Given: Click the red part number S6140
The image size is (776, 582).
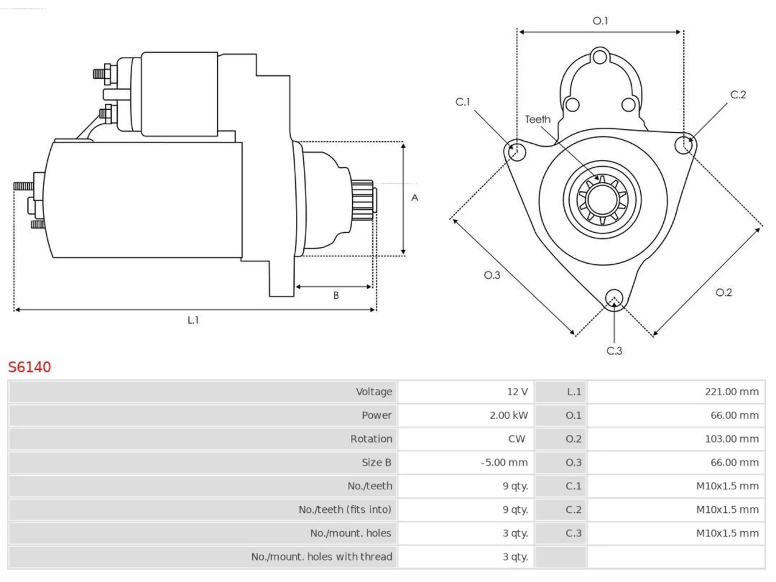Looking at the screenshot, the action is click(x=30, y=367).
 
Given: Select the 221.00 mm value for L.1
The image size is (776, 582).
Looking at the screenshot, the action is click(x=732, y=392).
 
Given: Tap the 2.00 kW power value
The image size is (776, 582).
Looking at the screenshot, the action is click(x=509, y=415).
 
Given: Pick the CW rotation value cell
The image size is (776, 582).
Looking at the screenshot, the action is click(x=516, y=439).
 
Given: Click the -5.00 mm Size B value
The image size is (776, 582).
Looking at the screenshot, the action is click(x=504, y=462).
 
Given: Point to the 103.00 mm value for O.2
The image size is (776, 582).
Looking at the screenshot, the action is click(x=732, y=439).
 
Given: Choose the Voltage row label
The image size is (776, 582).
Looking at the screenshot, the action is click(x=374, y=392).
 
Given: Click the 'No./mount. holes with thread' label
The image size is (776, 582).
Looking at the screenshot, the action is click(x=322, y=557).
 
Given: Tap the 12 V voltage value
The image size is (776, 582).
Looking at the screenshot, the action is click(x=517, y=392).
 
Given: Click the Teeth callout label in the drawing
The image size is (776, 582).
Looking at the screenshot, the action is click(x=538, y=119).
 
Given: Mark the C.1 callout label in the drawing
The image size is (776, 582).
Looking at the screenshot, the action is click(x=463, y=102).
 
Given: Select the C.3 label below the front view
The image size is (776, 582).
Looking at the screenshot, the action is click(x=614, y=351).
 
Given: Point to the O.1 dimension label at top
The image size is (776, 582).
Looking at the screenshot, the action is click(x=600, y=21).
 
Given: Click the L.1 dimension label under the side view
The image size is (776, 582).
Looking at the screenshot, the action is click(x=193, y=320).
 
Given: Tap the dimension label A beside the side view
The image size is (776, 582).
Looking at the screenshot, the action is click(x=415, y=198).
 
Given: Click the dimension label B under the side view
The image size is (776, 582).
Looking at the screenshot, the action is click(x=336, y=295).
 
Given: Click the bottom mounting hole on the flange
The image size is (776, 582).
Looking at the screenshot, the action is click(x=614, y=298).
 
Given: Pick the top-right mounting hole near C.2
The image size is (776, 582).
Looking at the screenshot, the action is click(x=684, y=145).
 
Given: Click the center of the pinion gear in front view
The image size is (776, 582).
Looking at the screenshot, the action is click(x=602, y=200).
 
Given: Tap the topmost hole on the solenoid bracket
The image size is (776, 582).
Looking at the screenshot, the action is click(x=600, y=57).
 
